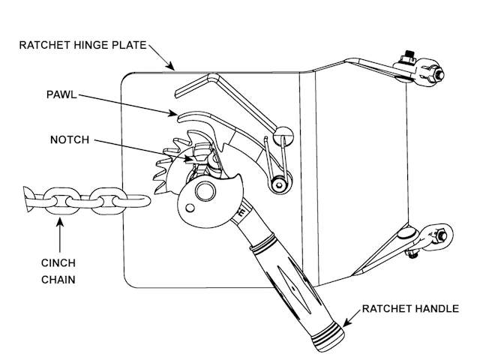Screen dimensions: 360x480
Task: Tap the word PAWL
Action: tap(61, 95)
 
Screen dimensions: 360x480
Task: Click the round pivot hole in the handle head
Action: tap(202, 191)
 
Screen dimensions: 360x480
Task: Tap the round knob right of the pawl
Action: tap(281, 135)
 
